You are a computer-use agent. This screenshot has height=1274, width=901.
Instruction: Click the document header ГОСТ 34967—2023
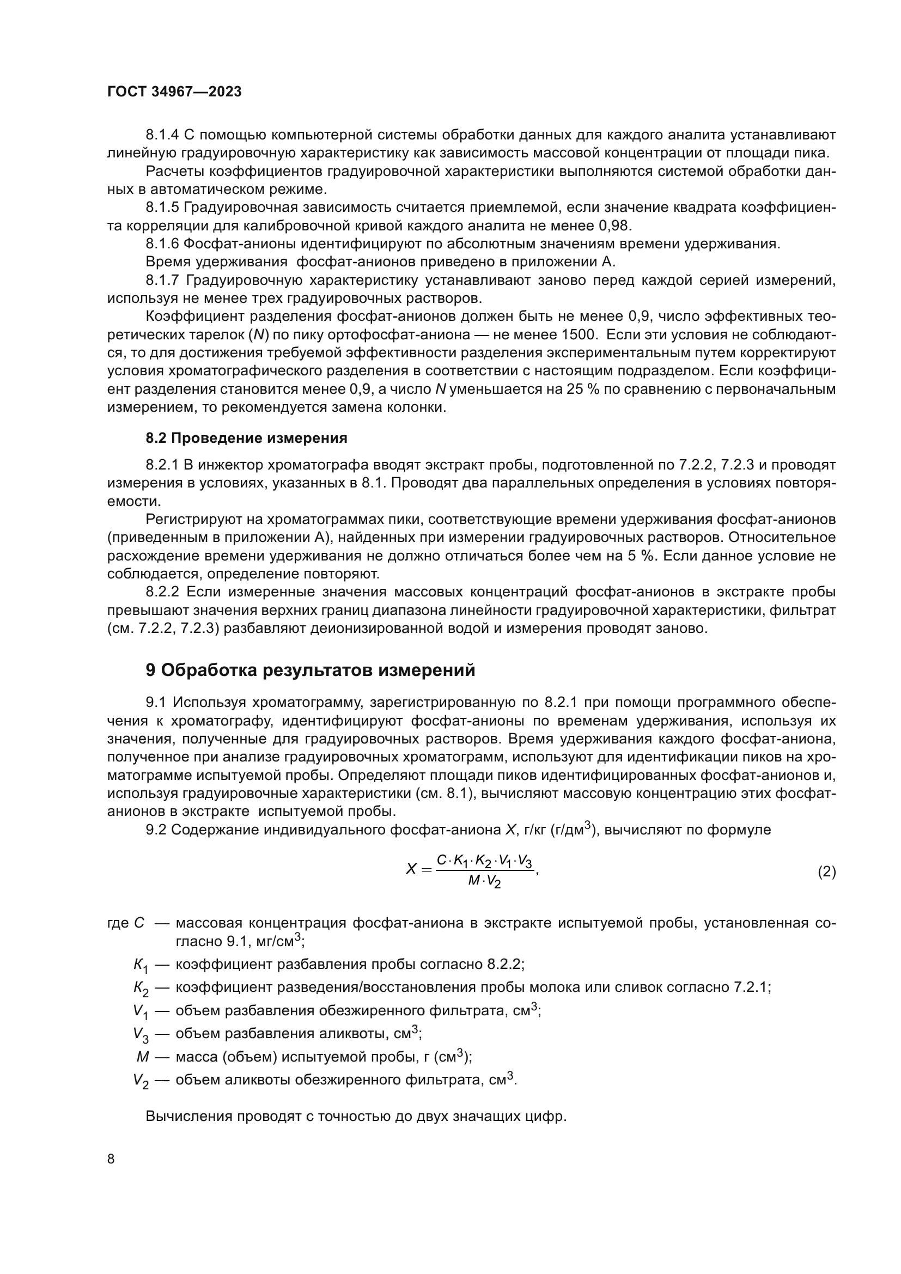[174, 92]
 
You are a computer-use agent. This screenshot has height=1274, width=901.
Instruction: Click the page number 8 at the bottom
[111, 1159]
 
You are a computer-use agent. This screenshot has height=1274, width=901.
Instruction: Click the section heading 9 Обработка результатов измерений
[310, 670]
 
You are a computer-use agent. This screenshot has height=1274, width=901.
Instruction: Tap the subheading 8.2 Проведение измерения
[246, 438]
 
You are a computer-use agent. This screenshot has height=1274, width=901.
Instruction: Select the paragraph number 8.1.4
[162, 135]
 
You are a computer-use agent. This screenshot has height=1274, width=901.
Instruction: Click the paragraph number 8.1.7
[162, 280]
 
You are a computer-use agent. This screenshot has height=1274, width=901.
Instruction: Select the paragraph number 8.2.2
[162, 592]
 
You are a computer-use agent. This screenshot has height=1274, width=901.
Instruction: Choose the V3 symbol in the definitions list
[141, 1034]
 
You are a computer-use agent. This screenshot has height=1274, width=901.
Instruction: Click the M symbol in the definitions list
[143, 1057]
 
